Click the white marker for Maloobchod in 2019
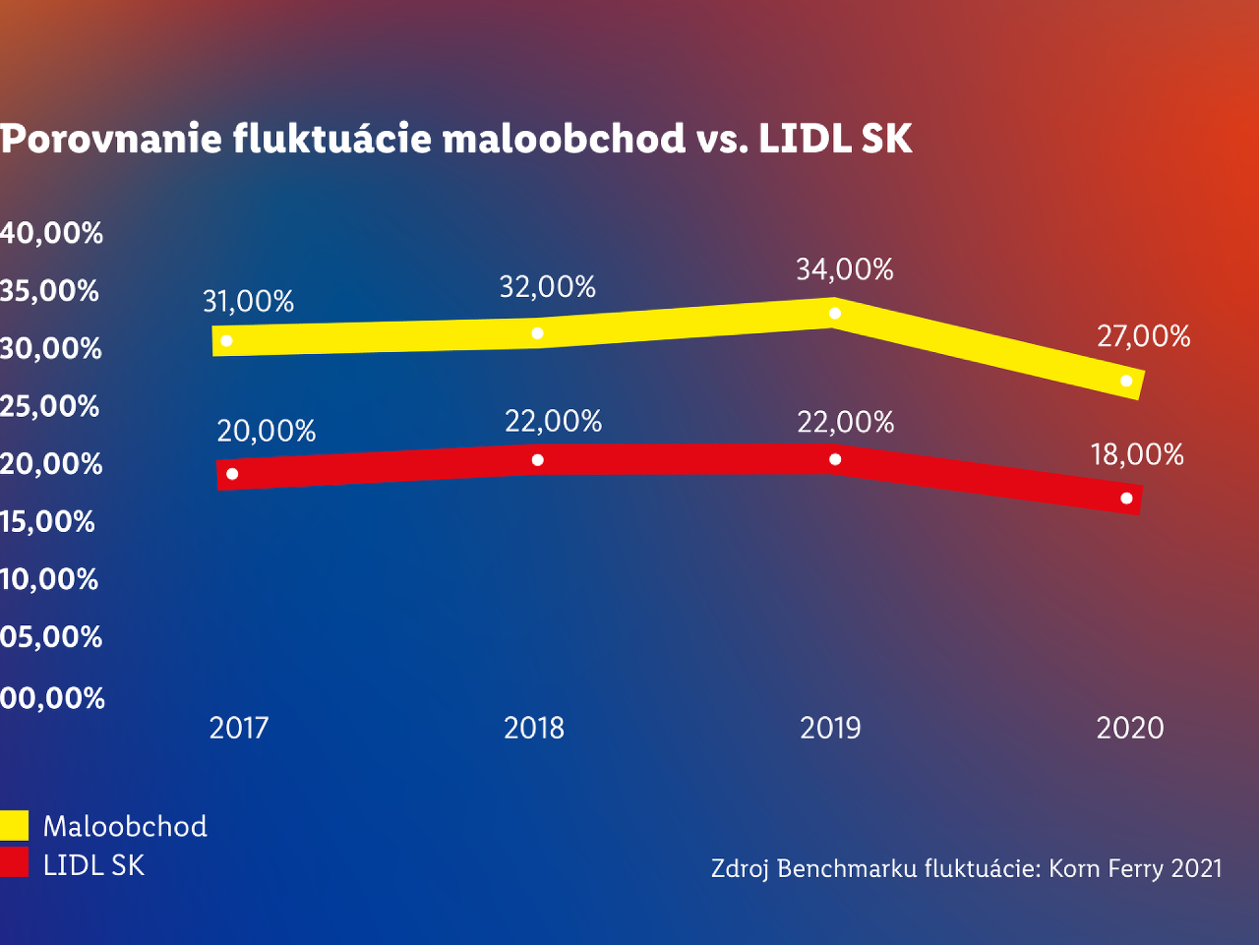click(835, 313)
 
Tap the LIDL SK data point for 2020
click(1126, 499)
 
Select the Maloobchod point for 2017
click(227, 340)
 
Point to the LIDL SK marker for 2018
click(537, 460)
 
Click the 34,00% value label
click(845, 269)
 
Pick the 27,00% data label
click(1143, 336)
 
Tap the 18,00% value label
click(1137, 454)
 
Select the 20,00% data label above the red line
click(267, 431)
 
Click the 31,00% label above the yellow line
click(249, 301)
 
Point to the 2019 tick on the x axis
click(830, 728)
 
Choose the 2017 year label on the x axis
click(239, 728)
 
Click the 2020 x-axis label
click(1130, 728)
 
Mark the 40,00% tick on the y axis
click(51, 233)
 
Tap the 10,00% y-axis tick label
click(49, 579)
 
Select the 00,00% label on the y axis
click(52, 698)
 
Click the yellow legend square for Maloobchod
click(15, 825)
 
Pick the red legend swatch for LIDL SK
click(15, 863)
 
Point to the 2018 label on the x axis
click(534, 728)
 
